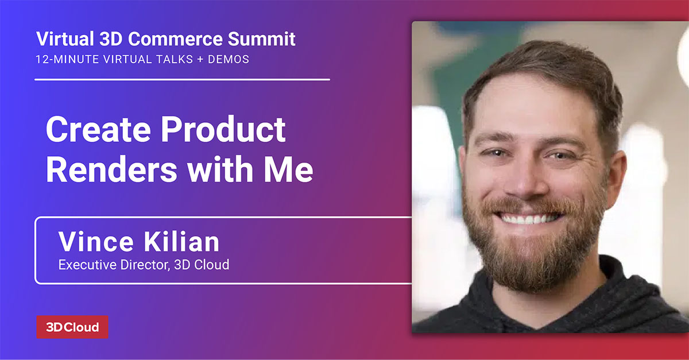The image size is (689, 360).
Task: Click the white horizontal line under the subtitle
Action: (182, 79)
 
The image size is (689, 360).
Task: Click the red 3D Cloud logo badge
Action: (72, 327)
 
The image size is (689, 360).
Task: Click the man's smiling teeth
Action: (529, 219)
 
